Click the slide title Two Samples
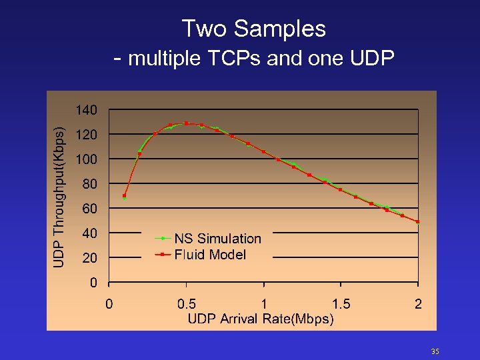253,29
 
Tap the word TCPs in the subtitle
235,59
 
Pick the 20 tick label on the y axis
90,257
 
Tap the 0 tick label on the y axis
94,282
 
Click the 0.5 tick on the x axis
187,304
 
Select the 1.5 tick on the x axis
341,304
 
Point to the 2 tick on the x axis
418,304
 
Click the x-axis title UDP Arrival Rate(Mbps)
261,319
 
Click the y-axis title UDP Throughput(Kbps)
60,198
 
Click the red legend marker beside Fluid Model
162,255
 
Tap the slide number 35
435,351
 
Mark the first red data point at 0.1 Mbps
124,196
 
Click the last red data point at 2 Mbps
418,221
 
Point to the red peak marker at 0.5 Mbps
186,123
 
